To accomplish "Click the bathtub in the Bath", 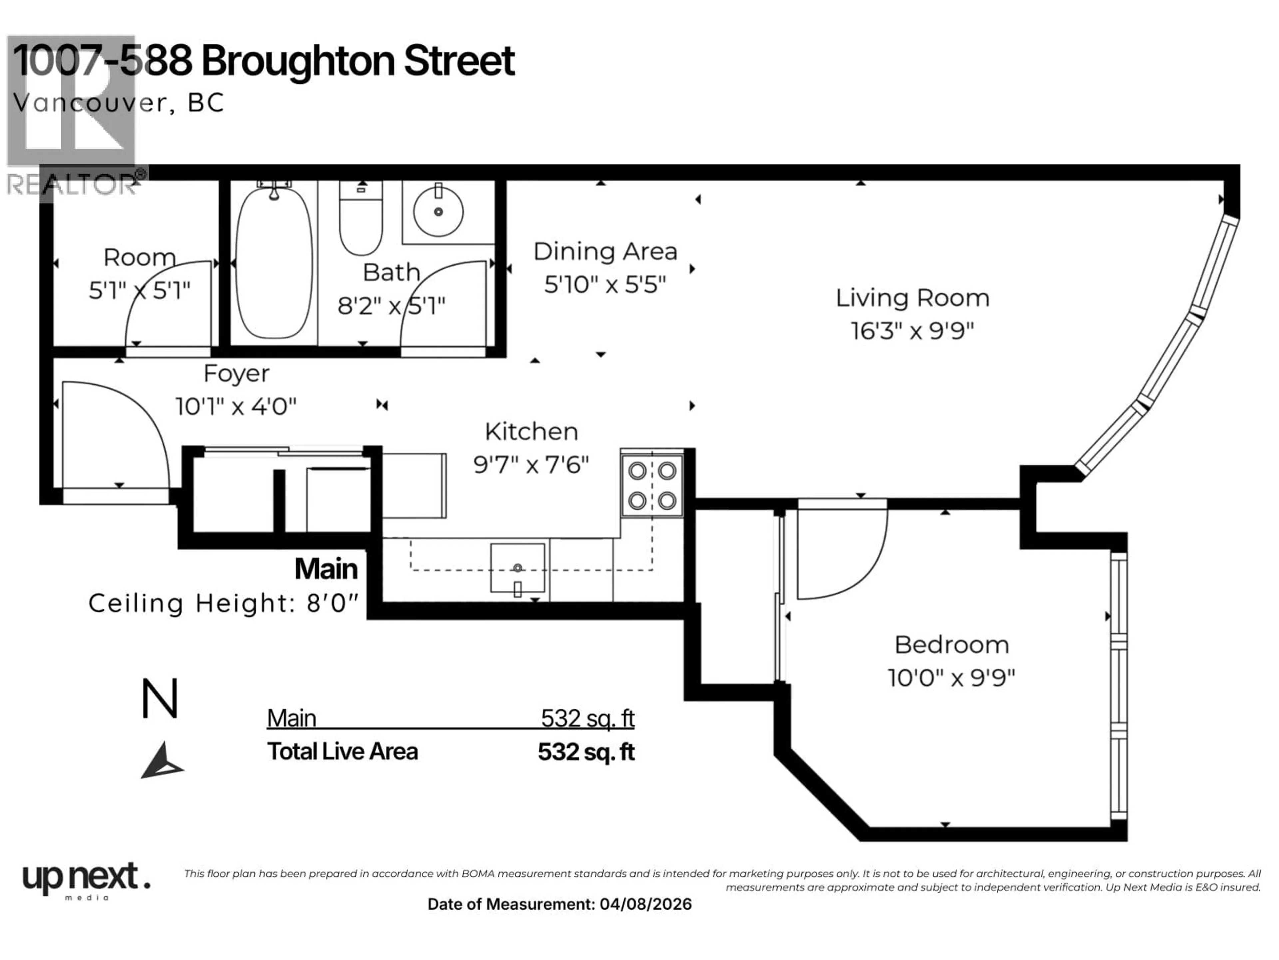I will (x=274, y=263).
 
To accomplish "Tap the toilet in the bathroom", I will (x=361, y=220).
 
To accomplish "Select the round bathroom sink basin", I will (x=438, y=212).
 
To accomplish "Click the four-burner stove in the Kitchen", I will (x=652, y=485).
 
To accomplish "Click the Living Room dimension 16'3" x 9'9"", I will (x=912, y=331).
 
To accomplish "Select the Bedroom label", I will (x=951, y=645).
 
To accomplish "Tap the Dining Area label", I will (x=605, y=252).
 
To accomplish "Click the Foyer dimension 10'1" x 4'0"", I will (x=236, y=406).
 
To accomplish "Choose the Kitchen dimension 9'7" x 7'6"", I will (x=531, y=464).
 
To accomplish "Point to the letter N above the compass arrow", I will (x=160, y=699).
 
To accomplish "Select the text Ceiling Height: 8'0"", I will (x=223, y=604).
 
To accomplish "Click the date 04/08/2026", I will (x=645, y=904).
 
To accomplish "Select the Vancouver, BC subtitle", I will (x=119, y=103).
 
